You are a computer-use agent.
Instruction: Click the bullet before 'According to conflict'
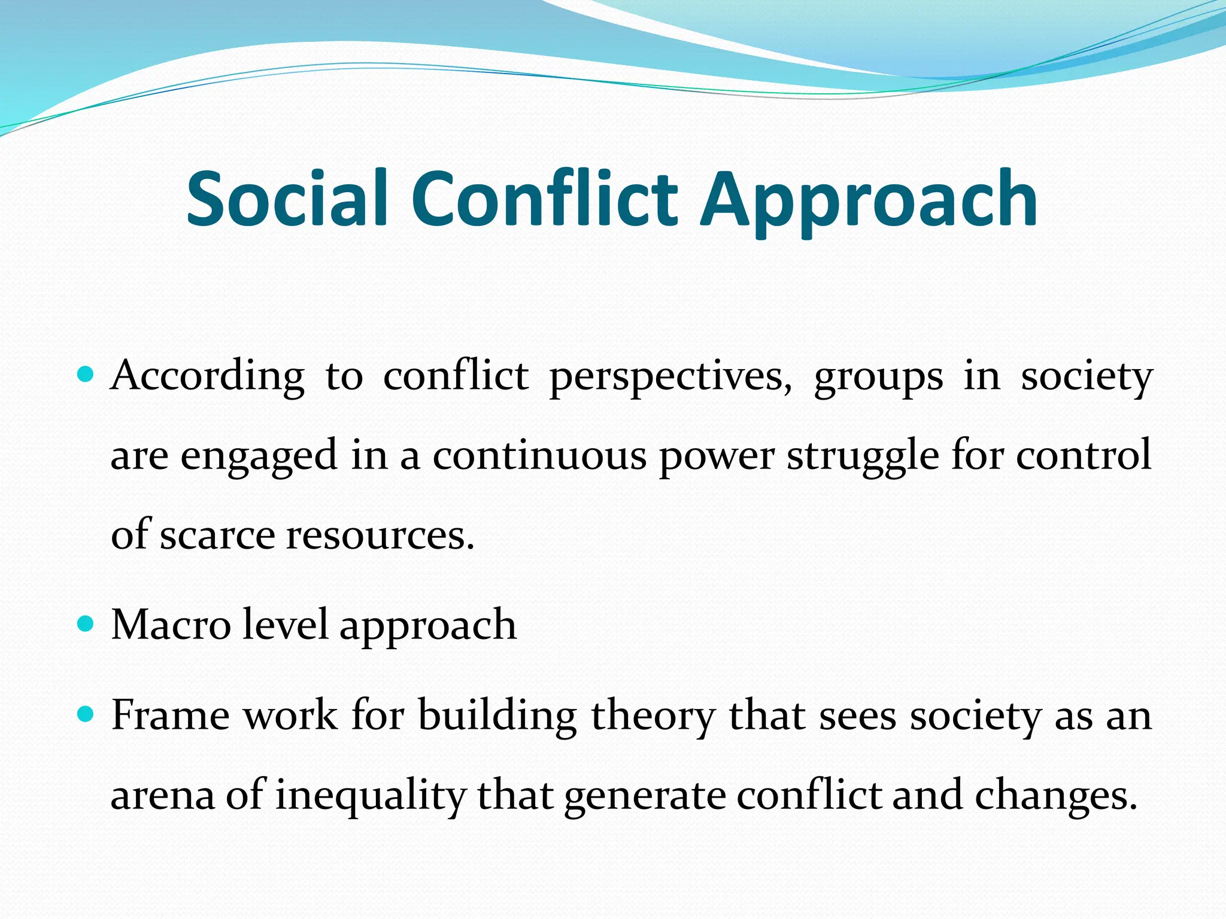[86, 375]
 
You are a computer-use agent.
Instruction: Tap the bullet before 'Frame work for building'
[86, 714]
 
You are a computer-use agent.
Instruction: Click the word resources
[380, 535]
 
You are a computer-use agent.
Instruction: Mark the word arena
[162, 796]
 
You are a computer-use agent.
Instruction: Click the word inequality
[370, 796]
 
